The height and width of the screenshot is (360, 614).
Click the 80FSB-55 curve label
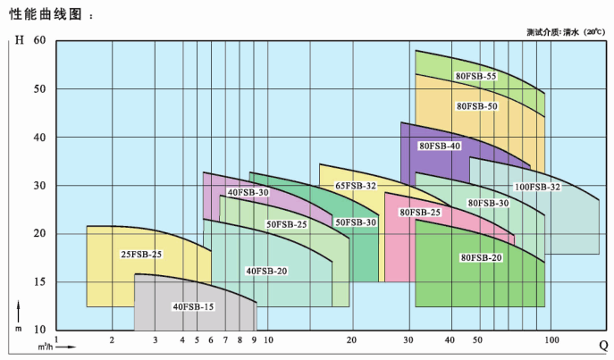pos(475,77)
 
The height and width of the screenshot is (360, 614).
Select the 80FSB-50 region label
pos(476,106)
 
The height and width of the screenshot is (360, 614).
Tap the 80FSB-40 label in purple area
pos(440,146)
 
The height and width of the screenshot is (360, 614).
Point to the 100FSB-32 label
pos(537,187)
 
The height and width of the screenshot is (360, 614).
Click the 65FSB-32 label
pos(356,186)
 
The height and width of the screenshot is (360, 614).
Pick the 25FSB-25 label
pos(142,255)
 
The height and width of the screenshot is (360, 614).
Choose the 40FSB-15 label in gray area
pos(193,307)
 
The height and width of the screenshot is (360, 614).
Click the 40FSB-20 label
pos(266,271)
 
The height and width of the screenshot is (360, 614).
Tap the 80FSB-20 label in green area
pos(481,258)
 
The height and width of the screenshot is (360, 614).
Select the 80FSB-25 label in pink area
pos(420,213)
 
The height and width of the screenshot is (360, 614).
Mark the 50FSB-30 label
pos(356,222)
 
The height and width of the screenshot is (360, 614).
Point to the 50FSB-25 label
pos(286,224)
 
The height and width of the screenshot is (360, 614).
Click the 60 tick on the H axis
pos(38,41)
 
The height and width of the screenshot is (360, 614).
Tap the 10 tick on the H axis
pos(38,331)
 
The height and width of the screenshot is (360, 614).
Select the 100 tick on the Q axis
pos(551,340)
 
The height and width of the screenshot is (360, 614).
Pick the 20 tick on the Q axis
pos(351,340)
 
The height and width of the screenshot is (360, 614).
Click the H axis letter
pos(20,41)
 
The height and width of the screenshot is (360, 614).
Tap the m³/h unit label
pos(45,346)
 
